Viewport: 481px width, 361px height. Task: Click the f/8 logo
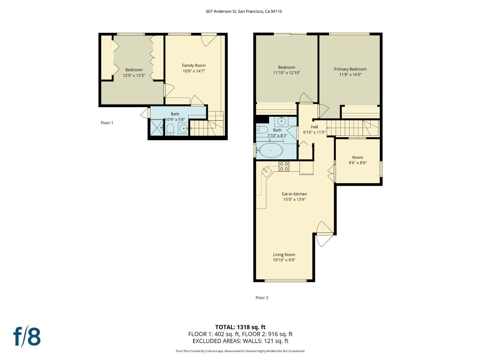pyautogui.click(x=27, y=337)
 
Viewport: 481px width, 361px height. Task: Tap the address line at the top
pyautogui.click(x=244, y=12)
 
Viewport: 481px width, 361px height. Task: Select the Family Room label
pyautogui.click(x=194, y=65)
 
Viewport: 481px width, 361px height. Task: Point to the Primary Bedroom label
pyautogui.click(x=350, y=69)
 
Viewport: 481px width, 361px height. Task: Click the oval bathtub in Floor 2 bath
pyautogui.click(x=271, y=150)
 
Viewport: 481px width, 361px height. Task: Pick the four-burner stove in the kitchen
pyautogui.click(x=283, y=166)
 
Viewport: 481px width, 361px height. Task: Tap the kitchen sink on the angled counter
pyautogui.click(x=266, y=171)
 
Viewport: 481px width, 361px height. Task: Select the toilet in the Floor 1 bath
pyautogui.click(x=170, y=130)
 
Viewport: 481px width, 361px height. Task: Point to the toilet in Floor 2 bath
pyautogui.click(x=262, y=130)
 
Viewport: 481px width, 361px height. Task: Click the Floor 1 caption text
pyautogui.click(x=107, y=123)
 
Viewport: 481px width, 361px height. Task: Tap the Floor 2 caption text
pyautogui.click(x=262, y=298)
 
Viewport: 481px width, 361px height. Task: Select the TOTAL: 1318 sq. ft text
pyautogui.click(x=240, y=327)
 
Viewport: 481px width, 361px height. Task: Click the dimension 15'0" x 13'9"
pyautogui.click(x=294, y=199)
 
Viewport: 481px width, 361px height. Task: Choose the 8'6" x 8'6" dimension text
pyautogui.click(x=358, y=163)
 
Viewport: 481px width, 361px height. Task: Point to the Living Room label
pyautogui.click(x=284, y=255)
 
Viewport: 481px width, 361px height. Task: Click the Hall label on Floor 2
pyautogui.click(x=315, y=127)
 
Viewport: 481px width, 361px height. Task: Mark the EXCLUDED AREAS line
pyautogui.click(x=240, y=341)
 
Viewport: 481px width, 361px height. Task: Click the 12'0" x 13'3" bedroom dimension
pyautogui.click(x=134, y=75)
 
